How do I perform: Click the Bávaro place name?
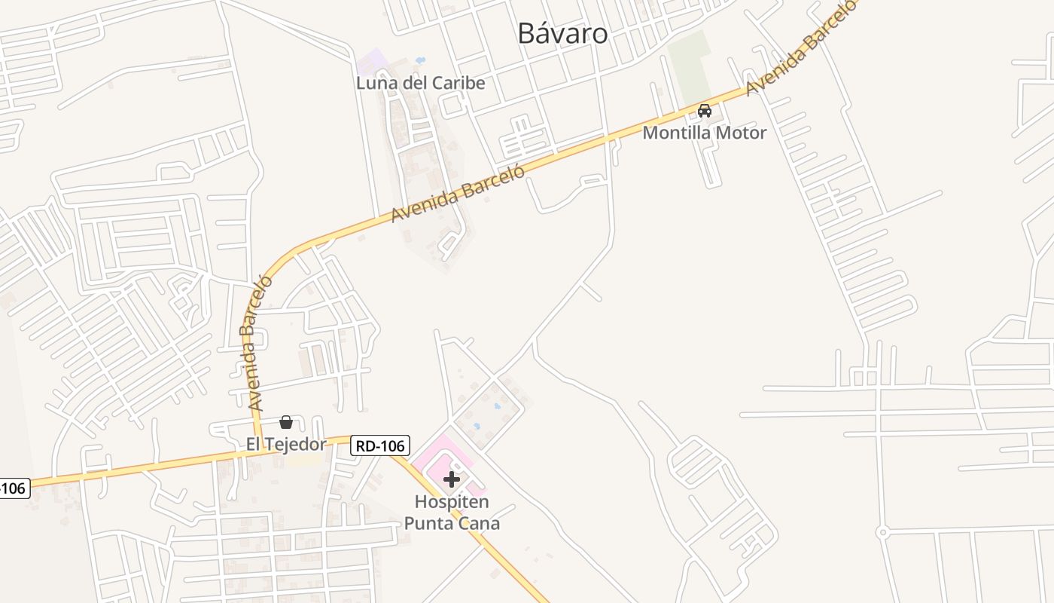(563, 33)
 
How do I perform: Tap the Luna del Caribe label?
(420, 83)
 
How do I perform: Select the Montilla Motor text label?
(704, 133)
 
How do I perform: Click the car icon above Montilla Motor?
(705, 111)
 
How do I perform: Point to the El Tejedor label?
(286, 444)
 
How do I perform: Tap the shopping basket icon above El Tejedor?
(286, 422)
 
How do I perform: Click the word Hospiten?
(452, 501)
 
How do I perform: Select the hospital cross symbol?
(452, 479)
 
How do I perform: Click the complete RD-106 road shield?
(380, 445)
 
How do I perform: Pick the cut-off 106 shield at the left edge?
(13, 488)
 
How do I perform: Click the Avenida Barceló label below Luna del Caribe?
(457, 194)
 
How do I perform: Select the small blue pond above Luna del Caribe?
(420, 60)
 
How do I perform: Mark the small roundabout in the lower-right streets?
(882, 533)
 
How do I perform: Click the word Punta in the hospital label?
(430, 523)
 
